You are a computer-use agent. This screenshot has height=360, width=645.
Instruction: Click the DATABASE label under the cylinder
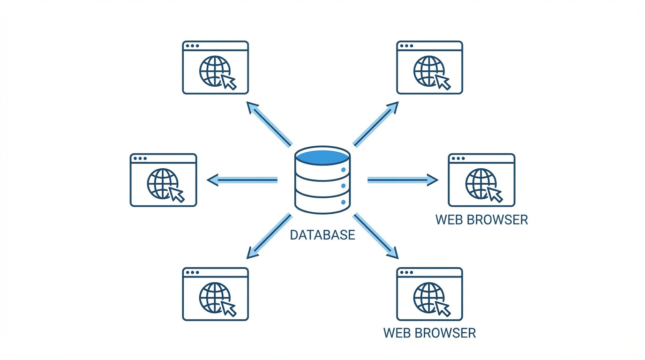pos(322,234)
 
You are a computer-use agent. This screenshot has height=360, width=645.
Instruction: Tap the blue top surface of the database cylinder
pos(322,157)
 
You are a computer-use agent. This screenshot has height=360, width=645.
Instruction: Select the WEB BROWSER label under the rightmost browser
pos(481,219)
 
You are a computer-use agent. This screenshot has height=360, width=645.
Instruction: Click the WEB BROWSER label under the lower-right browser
pos(429,333)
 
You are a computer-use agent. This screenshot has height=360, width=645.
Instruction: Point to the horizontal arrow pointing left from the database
pos(242,180)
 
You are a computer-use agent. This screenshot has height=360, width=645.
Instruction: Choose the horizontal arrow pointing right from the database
pos(403,180)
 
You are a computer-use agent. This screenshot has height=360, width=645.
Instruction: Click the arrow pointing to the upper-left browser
pos(270,124)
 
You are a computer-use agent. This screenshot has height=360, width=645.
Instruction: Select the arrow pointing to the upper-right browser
pos(375,124)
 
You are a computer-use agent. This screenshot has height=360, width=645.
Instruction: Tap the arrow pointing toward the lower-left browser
pos(270,236)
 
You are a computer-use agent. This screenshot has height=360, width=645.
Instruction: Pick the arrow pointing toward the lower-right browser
pos(375,236)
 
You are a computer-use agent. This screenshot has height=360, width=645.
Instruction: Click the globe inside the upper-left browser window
pos(214,71)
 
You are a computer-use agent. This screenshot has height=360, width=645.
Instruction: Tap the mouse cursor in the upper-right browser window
pos(443,82)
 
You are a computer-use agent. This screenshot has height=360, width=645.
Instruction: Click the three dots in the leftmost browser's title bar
pos(140,158)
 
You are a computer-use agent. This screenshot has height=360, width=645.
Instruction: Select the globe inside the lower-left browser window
pos(214,297)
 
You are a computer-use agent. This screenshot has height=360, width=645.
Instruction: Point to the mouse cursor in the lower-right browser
pos(443,308)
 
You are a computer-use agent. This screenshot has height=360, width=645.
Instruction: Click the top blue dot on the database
pos(344,170)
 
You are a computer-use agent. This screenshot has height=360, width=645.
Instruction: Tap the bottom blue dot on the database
pos(344,202)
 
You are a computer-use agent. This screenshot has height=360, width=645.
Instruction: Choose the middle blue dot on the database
pos(344,186)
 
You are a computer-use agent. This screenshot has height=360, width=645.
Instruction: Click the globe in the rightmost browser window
pos(480,184)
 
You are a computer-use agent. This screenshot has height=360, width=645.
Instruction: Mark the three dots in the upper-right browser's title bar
pos(406,46)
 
